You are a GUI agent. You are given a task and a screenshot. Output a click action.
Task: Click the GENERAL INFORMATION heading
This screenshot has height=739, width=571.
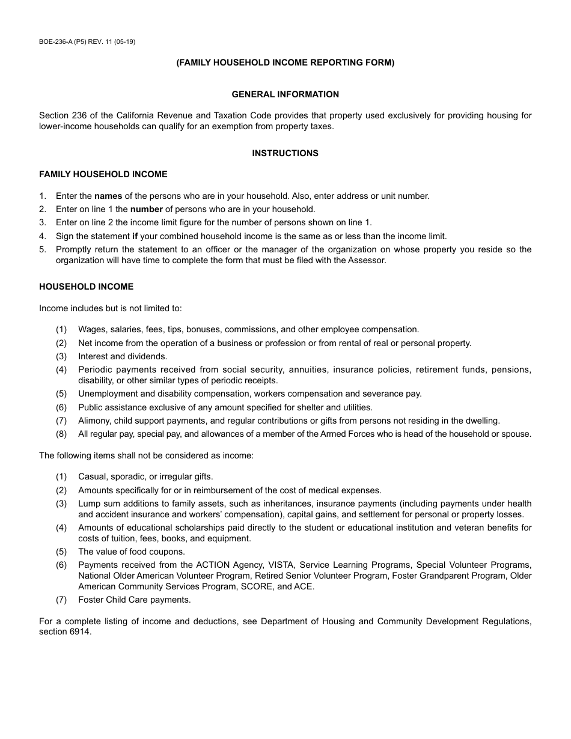pos(285,94)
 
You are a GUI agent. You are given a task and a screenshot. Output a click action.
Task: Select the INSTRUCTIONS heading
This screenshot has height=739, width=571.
pos(285,153)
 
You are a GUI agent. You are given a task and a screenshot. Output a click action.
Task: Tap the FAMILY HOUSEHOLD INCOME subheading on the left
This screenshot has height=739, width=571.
pos(103,174)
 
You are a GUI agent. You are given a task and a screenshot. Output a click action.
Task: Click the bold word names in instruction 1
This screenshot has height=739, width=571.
pos(108,196)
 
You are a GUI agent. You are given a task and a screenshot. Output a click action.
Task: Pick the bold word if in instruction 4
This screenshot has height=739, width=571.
pos(135,236)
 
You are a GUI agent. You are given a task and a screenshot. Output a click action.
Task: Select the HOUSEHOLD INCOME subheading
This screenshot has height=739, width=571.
pos(87,287)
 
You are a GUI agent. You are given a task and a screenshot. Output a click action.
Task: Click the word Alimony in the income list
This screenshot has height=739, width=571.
pos(93,421)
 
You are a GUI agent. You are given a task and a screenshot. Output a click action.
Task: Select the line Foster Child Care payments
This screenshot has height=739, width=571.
pos(135,600)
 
